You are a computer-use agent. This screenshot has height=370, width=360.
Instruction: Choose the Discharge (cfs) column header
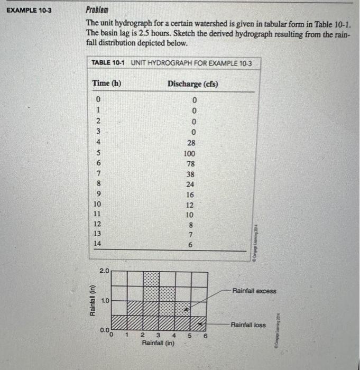pos(193,84)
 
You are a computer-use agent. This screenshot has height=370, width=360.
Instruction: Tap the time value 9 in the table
pos(97,194)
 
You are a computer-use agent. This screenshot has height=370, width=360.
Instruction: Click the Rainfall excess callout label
pos(254,291)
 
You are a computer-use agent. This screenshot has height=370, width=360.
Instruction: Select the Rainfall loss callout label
pos(248,324)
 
